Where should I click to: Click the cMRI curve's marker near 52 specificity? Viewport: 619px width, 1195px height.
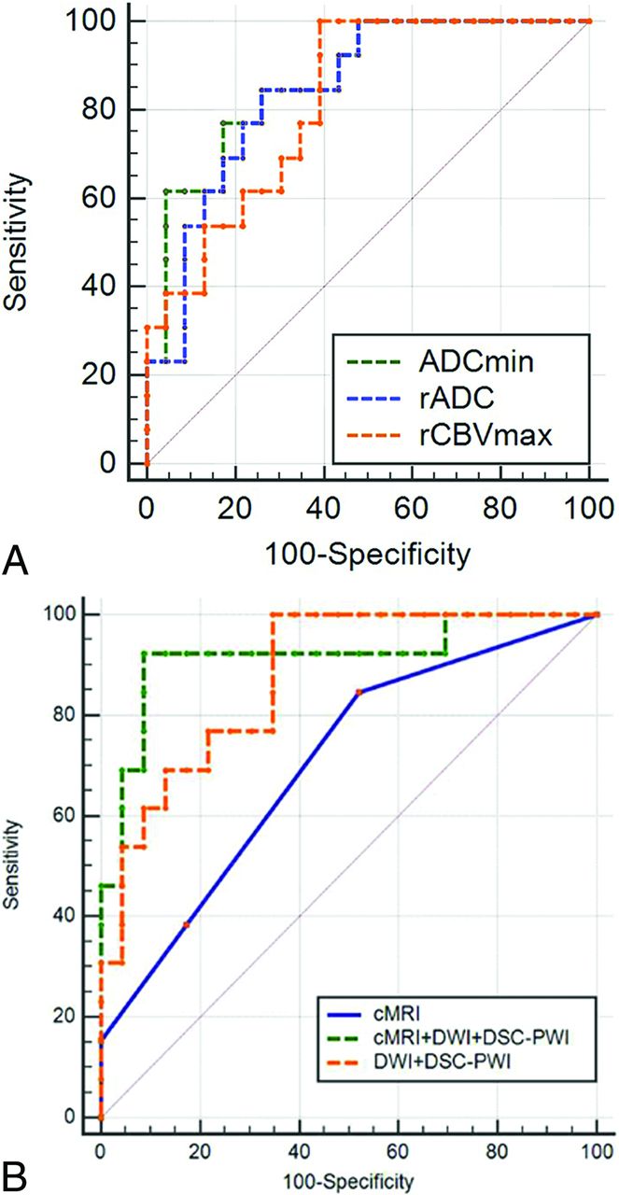click(x=359, y=692)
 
